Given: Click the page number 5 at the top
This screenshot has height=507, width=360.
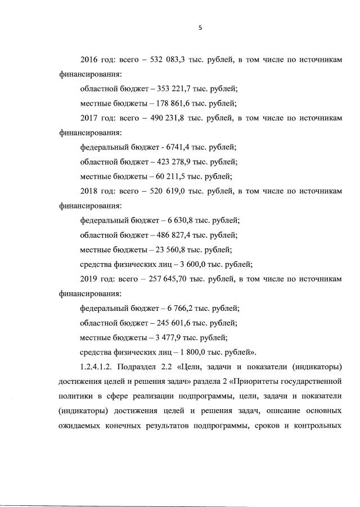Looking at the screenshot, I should pos(200,24).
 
